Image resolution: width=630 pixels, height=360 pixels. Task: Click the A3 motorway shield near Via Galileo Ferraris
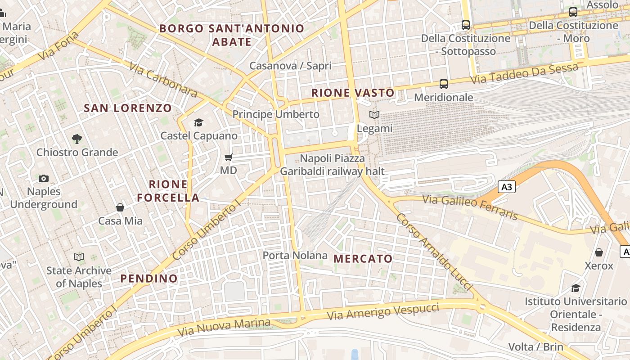[x=507, y=187]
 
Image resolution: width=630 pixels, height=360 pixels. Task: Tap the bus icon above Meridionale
[x=444, y=84]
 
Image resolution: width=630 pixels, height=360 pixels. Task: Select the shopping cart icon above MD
[x=229, y=157]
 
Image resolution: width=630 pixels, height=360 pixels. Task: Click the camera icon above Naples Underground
[x=44, y=178]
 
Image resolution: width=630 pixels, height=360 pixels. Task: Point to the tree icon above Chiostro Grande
[x=77, y=139]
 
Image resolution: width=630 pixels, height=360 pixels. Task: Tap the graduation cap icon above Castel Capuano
[x=198, y=122]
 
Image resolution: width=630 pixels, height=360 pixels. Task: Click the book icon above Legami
[x=374, y=115]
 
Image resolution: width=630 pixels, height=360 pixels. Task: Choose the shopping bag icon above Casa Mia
[x=120, y=207]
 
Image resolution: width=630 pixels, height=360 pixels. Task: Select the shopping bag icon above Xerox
[x=599, y=252]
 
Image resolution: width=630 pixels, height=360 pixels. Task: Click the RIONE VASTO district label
[x=353, y=93]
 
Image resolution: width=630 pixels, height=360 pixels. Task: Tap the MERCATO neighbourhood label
[x=363, y=259]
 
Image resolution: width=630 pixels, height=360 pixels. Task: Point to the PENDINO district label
[x=149, y=279]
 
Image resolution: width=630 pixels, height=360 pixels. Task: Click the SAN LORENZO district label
[x=128, y=108]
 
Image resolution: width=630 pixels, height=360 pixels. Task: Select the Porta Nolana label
[x=295, y=256]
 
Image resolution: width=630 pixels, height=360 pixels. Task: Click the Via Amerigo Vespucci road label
[x=383, y=312]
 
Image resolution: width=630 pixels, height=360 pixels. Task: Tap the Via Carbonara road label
[x=163, y=80]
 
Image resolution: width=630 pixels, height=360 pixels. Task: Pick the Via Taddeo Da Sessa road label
[x=524, y=73]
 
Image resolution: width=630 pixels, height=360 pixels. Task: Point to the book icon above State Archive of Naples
[x=79, y=257]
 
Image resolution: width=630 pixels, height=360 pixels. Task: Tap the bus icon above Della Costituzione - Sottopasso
[x=466, y=25]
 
